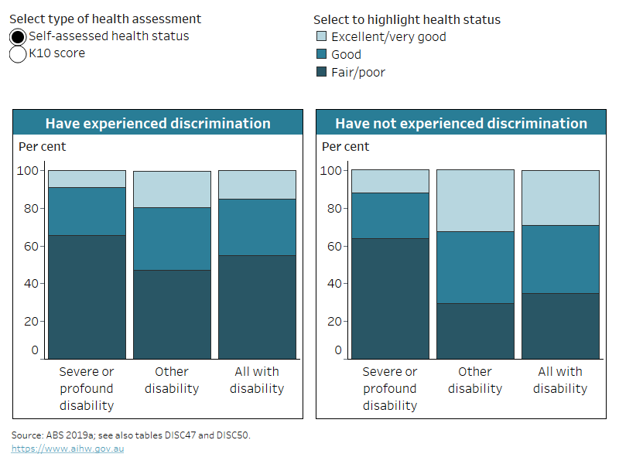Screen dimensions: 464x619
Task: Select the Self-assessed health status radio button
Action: tap(18, 36)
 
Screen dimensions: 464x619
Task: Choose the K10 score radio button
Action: tap(18, 54)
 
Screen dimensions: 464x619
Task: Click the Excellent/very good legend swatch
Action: tap(322, 36)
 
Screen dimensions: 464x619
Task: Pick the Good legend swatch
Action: tap(322, 54)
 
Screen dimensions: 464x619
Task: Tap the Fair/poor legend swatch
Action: tap(322, 72)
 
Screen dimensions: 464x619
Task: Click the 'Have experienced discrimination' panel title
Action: tap(158, 124)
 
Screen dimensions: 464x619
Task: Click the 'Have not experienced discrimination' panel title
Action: tap(460, 124)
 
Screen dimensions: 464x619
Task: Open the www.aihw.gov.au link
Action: tap(67, 449)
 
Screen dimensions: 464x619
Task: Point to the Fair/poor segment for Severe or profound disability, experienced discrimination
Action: tap(87, 297)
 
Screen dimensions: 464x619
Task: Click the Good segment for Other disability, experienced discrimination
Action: tap(172, 238)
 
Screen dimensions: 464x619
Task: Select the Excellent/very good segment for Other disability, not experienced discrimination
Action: tap(475, 200)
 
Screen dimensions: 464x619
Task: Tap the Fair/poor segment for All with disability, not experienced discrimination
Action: tap(560, 326)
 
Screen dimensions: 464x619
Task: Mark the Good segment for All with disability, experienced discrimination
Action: tap(257, 227)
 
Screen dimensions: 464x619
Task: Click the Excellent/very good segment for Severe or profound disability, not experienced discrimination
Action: tap(390, 181)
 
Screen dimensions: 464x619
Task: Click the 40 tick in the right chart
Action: tap(332, 283)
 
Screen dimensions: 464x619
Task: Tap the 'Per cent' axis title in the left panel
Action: tap(42, 147)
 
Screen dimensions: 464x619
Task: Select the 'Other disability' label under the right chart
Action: tap(475, 380)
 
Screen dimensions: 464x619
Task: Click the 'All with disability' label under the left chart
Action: tap(257, 380)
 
